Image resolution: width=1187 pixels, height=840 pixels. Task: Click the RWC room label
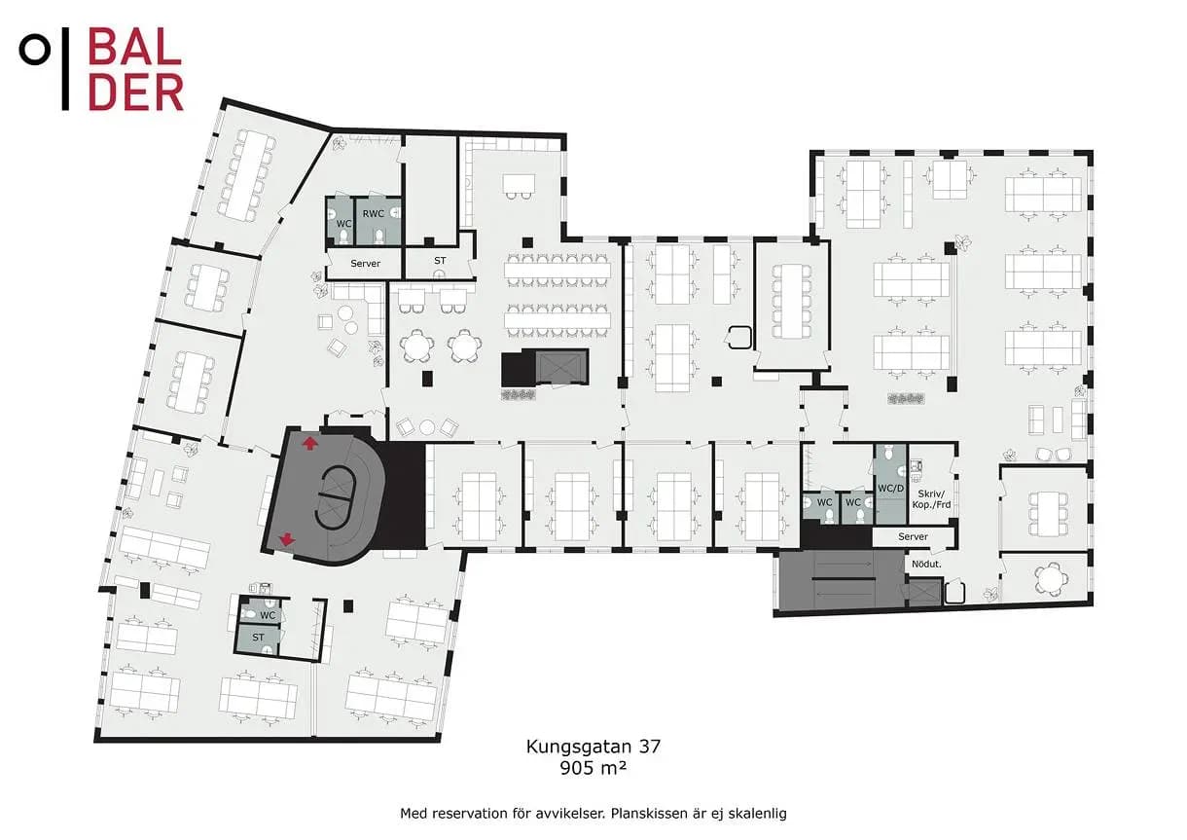373,213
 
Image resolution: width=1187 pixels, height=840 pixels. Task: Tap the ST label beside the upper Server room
440,260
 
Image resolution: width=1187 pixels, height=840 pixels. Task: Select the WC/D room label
891,488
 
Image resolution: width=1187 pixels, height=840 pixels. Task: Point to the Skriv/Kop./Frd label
931,499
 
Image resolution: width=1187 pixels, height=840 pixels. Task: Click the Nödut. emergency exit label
926,565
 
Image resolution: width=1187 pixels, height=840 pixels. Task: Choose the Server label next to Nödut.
913,536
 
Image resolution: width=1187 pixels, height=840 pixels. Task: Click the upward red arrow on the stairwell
310,443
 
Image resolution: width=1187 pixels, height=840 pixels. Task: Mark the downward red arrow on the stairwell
287,539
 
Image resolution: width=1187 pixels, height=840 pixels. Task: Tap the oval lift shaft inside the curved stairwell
336,497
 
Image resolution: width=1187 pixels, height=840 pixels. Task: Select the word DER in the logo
135,91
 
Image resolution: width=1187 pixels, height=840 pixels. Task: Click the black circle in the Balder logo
35,50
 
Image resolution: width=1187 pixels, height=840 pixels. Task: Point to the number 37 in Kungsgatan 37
650,747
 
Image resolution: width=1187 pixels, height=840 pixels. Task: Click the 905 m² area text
593,767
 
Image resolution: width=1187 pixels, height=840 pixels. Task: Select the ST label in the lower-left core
258,638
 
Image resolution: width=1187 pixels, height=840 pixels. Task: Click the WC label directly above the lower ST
268,615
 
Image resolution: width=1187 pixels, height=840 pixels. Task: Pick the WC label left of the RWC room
343,224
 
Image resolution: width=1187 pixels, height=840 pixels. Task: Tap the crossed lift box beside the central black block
561,367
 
